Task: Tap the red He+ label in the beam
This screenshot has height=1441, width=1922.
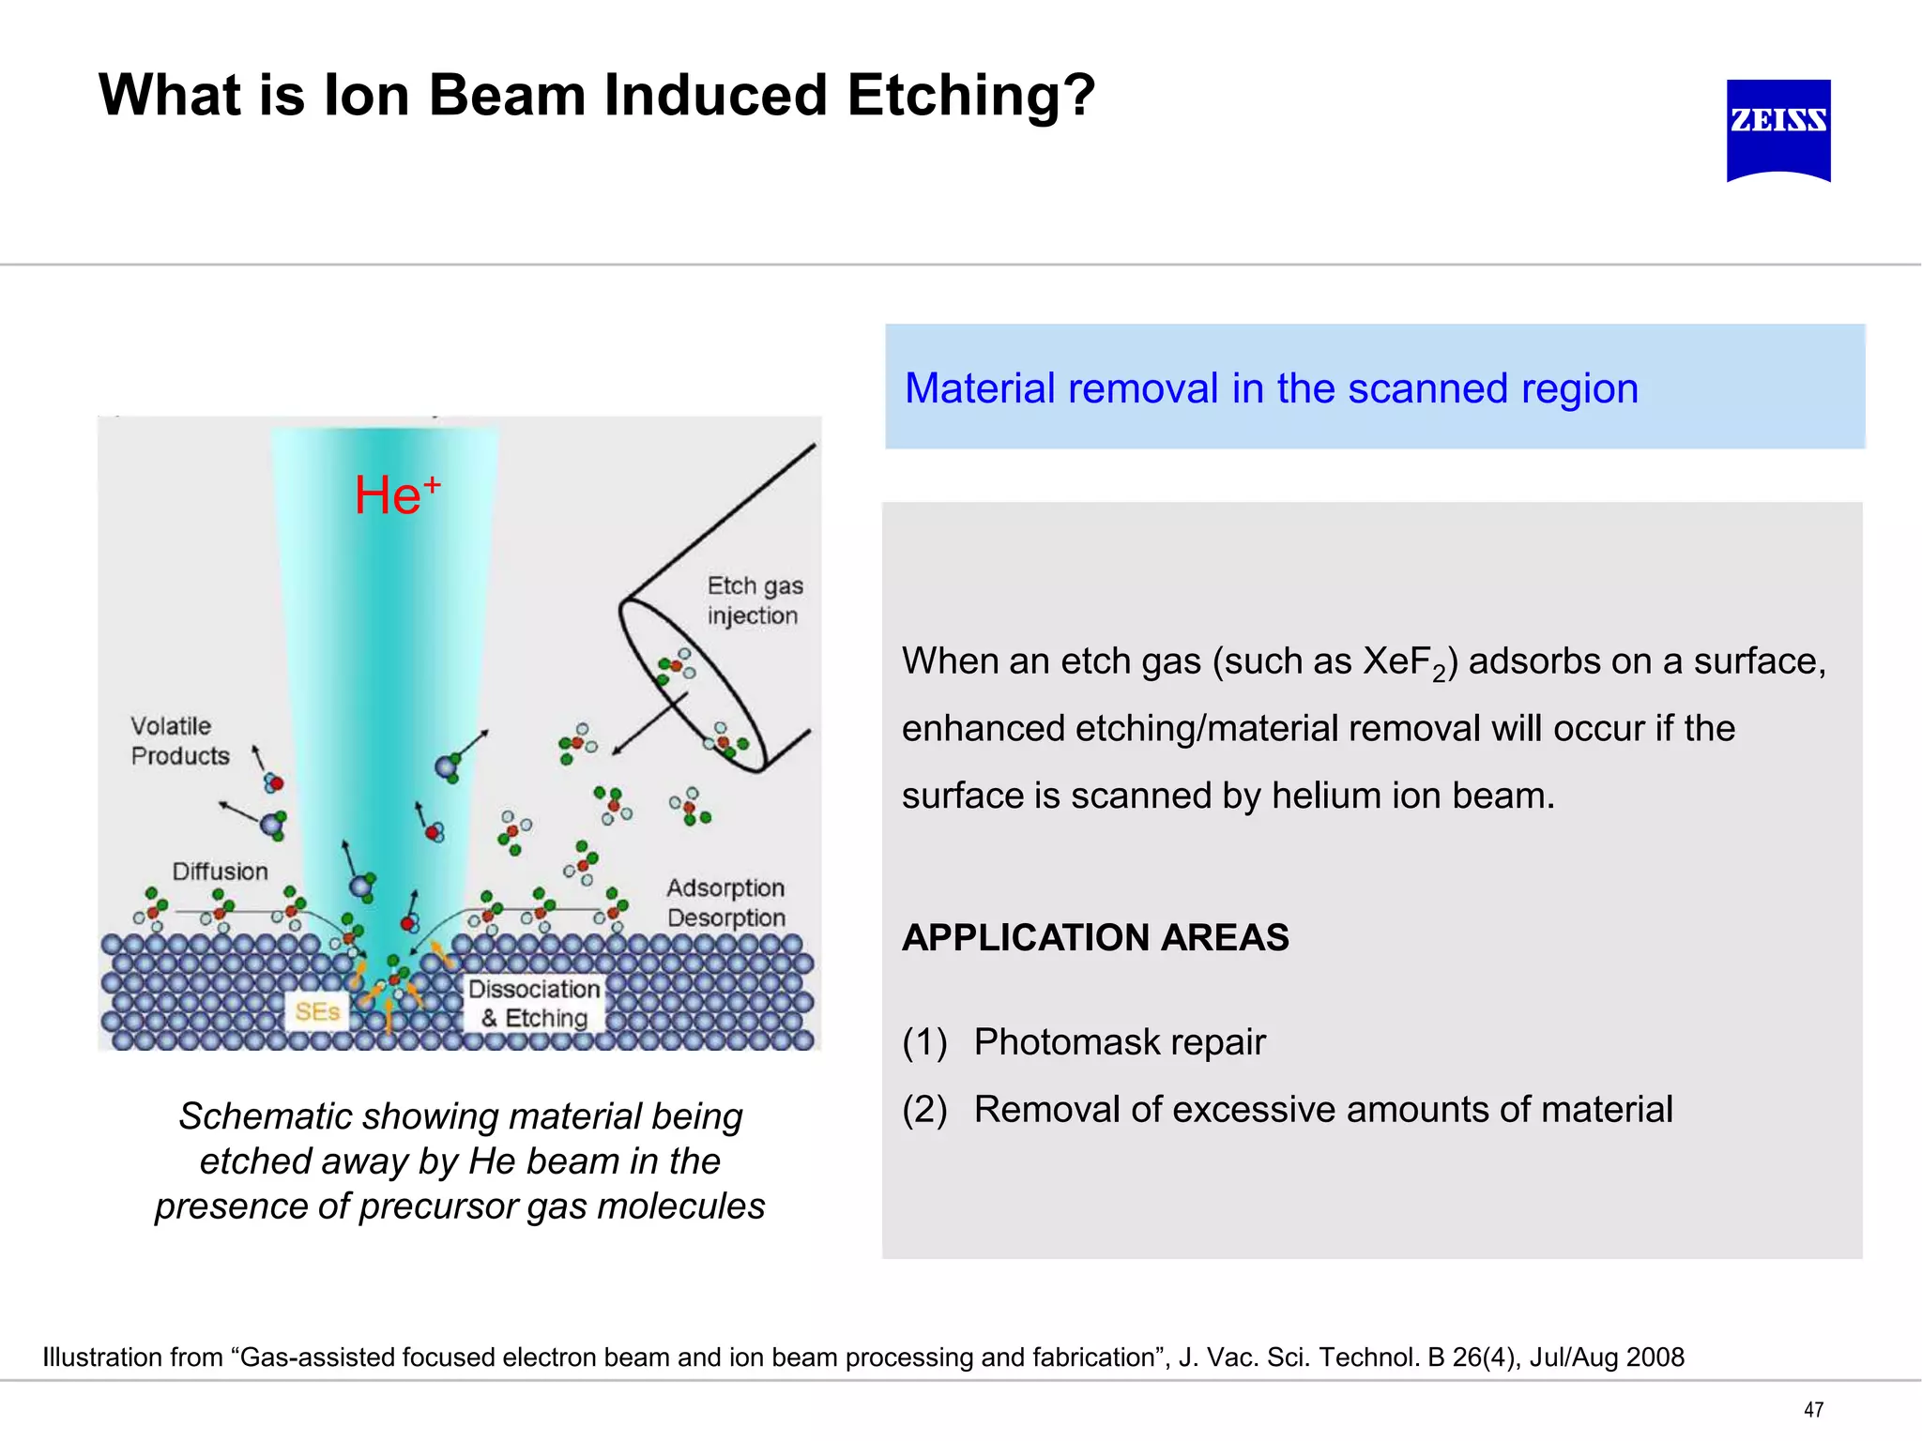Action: click(x=397, y=494)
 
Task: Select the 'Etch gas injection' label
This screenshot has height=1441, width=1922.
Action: click(x=755, y=600)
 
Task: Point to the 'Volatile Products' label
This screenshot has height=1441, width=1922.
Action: click(x=180, y=740)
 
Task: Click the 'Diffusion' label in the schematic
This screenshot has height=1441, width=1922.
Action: click(x=220, y=872)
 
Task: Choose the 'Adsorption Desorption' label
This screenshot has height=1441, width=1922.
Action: click(x=725, y=903)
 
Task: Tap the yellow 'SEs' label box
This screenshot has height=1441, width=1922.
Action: click(x=316, y=1011)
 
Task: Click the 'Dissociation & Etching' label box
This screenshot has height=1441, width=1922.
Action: click(x=534, y=1003)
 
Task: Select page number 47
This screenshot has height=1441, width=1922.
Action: click(x=1813, y=1409)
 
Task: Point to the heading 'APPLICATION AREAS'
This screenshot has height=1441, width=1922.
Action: click(x=1095, y=937)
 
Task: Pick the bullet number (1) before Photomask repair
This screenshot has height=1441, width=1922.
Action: click(x=924, y=1042)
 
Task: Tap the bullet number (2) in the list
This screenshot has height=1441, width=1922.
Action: click(x=924, y=1110)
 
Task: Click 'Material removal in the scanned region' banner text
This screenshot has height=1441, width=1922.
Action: click(x=1271, y=388)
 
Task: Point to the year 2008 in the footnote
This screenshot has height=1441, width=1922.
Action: click(x=1655, y=1358)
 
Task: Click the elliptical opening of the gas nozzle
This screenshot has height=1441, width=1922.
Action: click(x=693, y=686)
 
